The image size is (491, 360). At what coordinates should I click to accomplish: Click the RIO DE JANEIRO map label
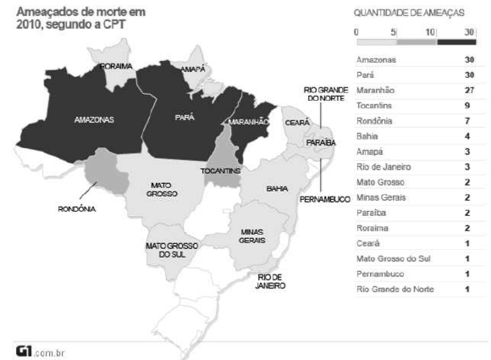pos(272,281)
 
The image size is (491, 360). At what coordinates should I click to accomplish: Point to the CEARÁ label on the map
pos(297,123)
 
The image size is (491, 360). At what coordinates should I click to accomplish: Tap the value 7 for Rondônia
pos(466,121)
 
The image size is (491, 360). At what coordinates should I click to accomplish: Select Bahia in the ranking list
pos(367,136)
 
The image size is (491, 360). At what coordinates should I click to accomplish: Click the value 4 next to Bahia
pos(466,136)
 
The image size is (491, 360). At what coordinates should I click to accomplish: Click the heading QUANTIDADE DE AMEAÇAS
pos(410,13)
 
